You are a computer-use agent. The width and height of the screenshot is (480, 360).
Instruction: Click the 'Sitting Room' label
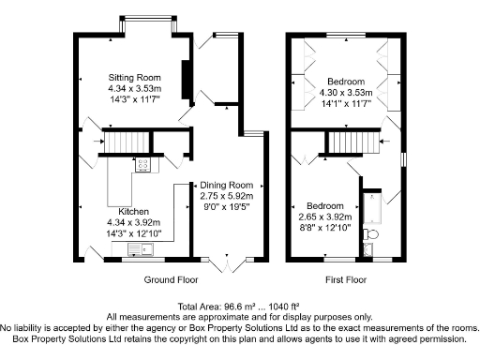click(x=134, y=77)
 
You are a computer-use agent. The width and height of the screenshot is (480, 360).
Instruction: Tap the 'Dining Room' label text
click(x=227, y=185)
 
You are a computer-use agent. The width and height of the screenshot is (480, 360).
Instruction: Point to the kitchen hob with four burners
click(x=144, y=165)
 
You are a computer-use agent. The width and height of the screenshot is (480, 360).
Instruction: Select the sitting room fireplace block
click(x=186, y=76)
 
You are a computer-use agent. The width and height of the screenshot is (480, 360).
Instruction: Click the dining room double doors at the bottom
click(x=227, y=263)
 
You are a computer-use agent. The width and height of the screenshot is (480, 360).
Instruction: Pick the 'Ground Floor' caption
click(x=170, y=280)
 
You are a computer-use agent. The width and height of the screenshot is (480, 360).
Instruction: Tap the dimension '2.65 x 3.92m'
click(x=324, y=216)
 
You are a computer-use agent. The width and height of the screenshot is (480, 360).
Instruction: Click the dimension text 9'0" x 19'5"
click(x=227, y=207)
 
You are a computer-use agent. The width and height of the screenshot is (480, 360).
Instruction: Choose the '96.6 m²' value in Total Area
click(x=233, y=307)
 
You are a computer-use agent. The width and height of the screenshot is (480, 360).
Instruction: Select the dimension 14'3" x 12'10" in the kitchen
click(x=134, y=232)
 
